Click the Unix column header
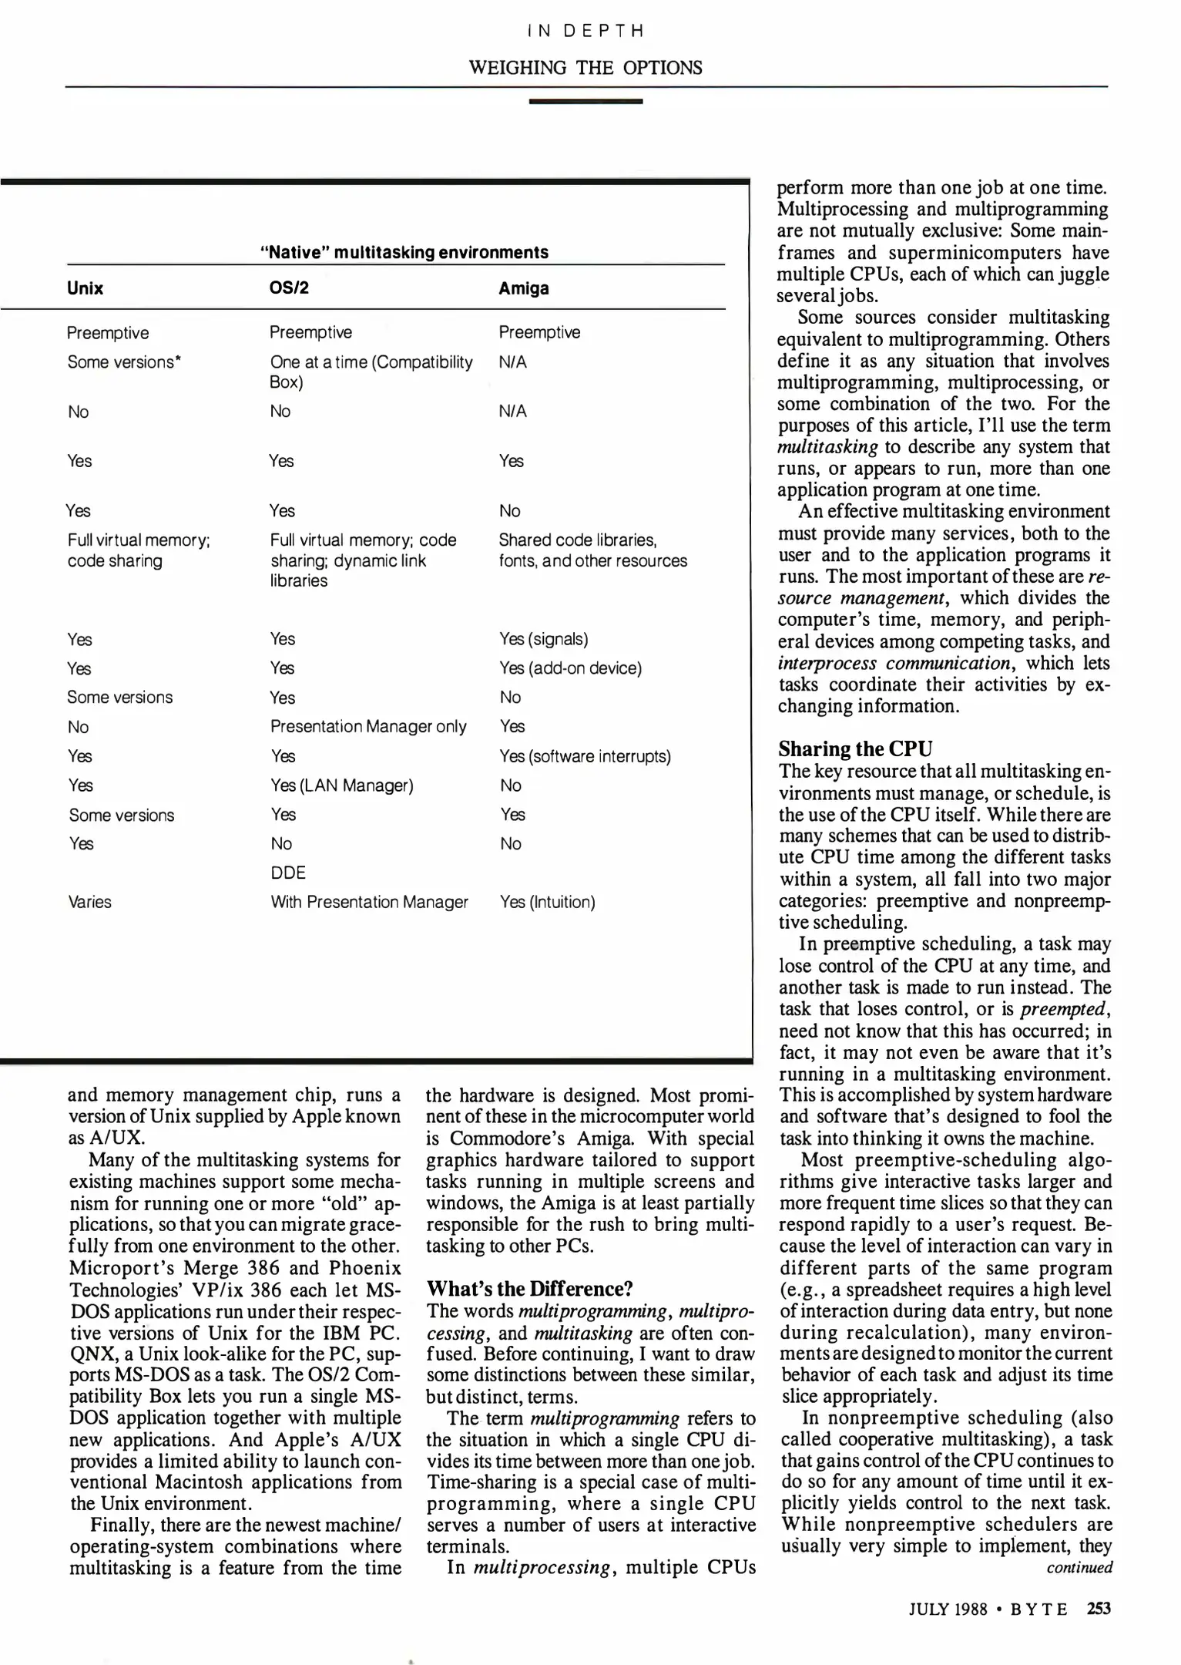pyautogui.click(x=85, y=288)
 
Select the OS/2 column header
pyautogui.click(x=289, y=288)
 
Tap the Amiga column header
pyautogui.click(x=524, y=288)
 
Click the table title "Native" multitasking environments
pyautogui.click(x=404, y=252)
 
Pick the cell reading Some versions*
pyautogui.click(x=124, y=362)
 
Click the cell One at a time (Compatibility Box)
pyautogui.click(x=371, y=372)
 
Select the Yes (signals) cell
pyautogui.click(x=543, y=639)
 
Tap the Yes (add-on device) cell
pyautogui.click(x=570, y=668)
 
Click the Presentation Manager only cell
pyautogui.click(x=368, y=727)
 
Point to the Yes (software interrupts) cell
pyautogui.click(x=585, y=756)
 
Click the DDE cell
pyautogui.click(x=288, y=873)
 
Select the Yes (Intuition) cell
pyautogui.click(x=547, y=902)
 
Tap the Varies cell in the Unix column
pyautogui.click(x=89, y=902)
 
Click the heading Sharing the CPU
pyautogui.click(x=855, y=749)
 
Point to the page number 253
pyautogui.click(x=1099, y=1609)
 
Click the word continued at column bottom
pyautogui.click(x=1079, y=1567)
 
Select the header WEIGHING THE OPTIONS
pyautogui.click(x=585, y=68)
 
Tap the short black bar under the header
pyautogui.click(x=585, y=101)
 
